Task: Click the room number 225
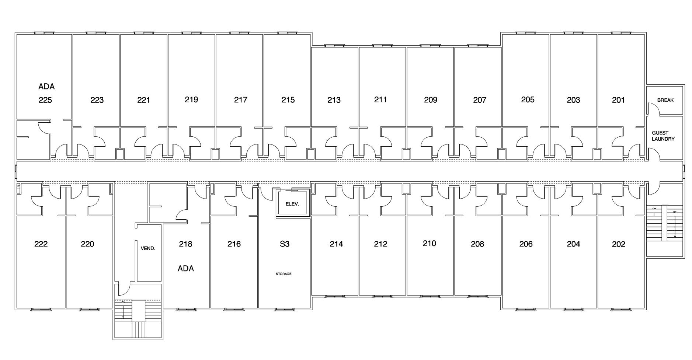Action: pos(45,100)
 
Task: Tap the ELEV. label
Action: pos(292,204)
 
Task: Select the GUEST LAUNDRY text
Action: pos(663,136)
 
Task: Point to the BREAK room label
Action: pos(665,100)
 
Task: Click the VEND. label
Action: pos(148,248)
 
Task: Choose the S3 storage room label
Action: pos(285,244)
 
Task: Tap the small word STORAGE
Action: pos(284,274)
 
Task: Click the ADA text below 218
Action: pos(185,269)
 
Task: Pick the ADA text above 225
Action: pos(46,87)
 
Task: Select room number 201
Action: pos(618,100)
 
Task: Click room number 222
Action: pos(41,244)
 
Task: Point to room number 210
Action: pos(430,244)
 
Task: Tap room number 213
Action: pos(334,100)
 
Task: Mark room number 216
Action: pos(234,244)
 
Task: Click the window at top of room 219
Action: pos(191,33)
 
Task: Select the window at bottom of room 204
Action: pos(573,309)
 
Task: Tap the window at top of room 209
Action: pos(430,46)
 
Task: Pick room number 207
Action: pos(480,100)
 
